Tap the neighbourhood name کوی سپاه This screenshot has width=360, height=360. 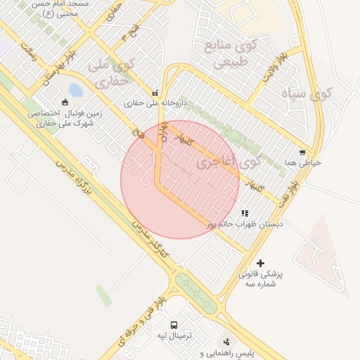(305, 94)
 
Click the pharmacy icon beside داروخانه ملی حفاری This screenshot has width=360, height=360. (155, 93)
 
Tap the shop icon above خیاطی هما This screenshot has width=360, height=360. (302, 152)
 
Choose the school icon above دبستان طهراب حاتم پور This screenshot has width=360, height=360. (245, 213)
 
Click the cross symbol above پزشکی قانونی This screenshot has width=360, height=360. (261, 262)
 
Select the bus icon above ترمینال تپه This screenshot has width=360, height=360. (174, 325)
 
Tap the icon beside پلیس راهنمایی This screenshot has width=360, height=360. (226, 341)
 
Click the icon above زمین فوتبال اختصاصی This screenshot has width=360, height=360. (65, 101)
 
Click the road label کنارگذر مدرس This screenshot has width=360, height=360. (148, 233)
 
